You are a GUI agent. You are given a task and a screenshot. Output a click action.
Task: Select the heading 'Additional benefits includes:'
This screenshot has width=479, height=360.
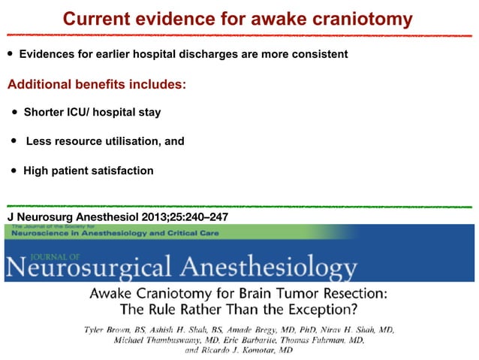[96, 83]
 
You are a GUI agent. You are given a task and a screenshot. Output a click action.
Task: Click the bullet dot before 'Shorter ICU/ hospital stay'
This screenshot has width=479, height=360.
[14, 113]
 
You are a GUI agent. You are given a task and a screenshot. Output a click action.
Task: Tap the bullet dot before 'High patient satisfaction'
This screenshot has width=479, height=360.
[14, 171]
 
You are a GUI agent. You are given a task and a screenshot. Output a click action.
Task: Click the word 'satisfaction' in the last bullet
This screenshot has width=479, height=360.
[122, 171]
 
